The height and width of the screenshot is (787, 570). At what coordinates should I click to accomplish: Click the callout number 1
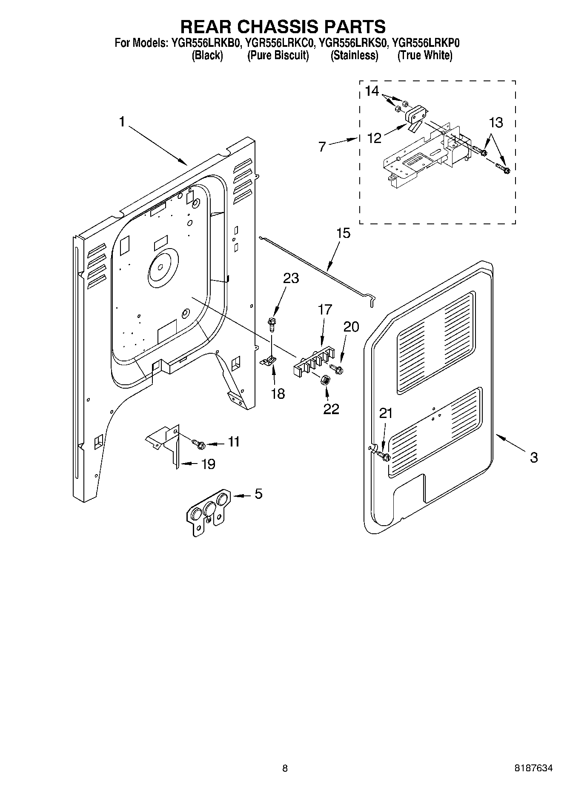tap(122, 122)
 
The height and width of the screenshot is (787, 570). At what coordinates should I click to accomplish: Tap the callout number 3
tap(534, 458)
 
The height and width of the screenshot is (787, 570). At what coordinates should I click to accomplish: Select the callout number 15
tap(343, 233)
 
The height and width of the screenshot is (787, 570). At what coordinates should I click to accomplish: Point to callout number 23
tap(291, 278)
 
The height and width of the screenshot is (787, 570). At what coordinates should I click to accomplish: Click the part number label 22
tap(331, 409)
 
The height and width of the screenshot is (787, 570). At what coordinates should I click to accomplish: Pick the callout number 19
tap(208, 464)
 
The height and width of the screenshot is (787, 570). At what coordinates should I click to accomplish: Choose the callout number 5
tap(258, 494)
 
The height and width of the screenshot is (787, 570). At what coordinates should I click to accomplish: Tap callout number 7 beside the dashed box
tap(322, 147)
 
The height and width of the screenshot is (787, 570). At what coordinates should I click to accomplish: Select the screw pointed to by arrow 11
tap(199, 444)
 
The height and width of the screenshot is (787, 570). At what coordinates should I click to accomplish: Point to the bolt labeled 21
tap(384, 457)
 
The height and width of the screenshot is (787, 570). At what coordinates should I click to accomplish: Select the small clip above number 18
tap(269, 361)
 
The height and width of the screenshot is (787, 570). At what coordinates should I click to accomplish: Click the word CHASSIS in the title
tap(283, 26)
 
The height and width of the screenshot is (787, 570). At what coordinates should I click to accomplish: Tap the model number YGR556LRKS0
tap(354, 43)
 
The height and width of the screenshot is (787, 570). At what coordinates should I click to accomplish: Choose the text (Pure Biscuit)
tap(278, 55)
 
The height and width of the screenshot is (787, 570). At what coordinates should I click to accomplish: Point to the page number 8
tap(285, 768)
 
